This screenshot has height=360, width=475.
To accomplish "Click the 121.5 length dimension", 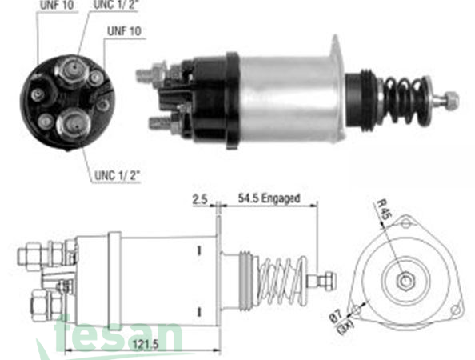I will [x=145, y=344].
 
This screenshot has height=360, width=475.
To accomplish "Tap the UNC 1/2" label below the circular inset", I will [x=112, y=174].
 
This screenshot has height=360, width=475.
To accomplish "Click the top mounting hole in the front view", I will [x=407, y=223].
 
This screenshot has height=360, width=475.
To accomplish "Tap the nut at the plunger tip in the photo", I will [x=451, y=101].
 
